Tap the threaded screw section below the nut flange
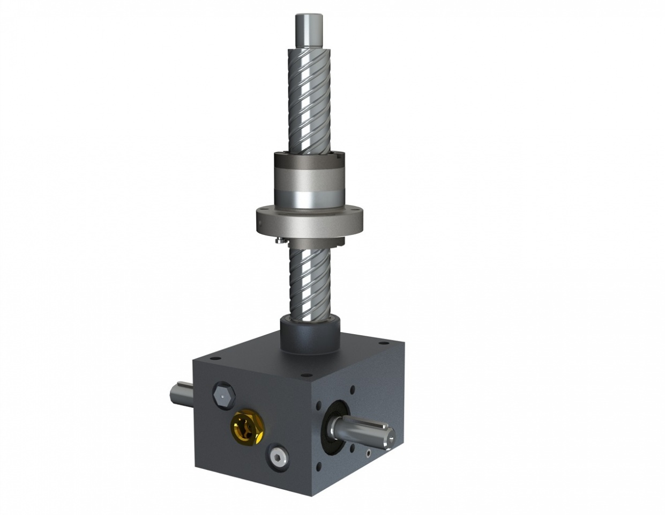click(x=310, y=279)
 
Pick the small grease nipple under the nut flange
click(x=278, y=241)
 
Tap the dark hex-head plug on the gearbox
click(x=223, y=396)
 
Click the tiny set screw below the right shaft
click(x=369, y=454)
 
